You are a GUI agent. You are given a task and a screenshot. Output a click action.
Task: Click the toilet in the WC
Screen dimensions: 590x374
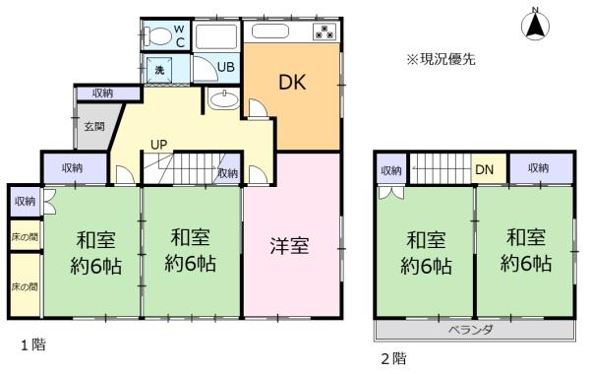[158, 36]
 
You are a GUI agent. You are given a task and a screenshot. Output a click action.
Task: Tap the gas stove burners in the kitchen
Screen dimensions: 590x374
[324, 31]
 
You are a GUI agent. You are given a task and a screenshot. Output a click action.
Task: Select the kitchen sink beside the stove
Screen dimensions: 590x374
[269, 31]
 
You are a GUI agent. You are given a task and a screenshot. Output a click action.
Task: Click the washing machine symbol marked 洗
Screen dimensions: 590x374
[159, 70]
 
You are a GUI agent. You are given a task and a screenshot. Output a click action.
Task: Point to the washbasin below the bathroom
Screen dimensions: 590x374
[223, 99]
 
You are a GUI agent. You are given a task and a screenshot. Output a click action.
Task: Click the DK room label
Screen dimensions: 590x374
[292, 82]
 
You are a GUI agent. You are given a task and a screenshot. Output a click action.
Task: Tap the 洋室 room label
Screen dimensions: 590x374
[289, 245]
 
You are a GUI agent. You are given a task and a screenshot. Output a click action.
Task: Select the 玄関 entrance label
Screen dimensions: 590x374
[94, 127]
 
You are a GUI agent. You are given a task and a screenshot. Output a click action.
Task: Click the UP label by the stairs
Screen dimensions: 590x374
[158, 145]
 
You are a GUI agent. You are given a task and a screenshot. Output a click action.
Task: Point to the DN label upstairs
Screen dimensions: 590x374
[484, 169]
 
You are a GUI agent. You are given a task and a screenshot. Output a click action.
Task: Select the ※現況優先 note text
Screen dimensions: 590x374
[441, 59]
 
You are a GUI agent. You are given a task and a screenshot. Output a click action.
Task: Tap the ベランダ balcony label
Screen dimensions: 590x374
[471, 330]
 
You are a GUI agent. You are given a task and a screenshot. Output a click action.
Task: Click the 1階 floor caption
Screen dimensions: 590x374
[33, 344]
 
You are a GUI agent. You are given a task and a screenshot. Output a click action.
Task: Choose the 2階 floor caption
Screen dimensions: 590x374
[393, 358]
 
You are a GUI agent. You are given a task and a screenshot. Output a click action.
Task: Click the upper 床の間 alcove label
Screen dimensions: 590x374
[25, 237]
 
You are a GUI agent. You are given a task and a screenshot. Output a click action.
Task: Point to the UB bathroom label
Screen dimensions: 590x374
[226, 67]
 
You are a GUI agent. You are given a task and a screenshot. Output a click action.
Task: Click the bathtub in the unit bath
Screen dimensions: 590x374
[216, 36]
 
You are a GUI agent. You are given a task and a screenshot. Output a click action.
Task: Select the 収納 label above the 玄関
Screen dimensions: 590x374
[102, 93]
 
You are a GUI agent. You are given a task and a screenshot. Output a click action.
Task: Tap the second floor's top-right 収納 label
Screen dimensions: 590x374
[538, 168]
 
